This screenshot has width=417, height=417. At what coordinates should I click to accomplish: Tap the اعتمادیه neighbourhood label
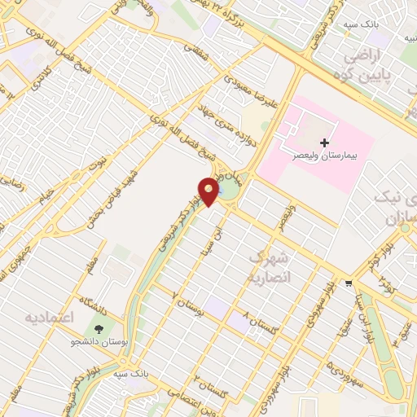[x=50, y=315]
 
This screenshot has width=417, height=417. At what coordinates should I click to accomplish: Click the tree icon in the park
[x=99, y=329]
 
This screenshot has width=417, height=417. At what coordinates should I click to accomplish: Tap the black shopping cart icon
[x=349, y=283]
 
